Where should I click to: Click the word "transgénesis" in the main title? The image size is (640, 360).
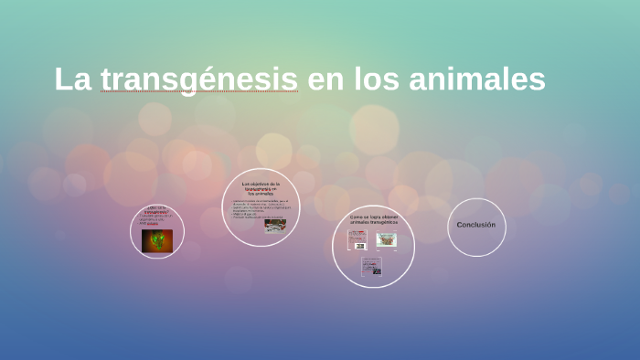click(199, 79)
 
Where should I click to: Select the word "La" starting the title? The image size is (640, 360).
click(73, 79)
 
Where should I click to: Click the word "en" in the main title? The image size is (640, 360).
click(325, 79)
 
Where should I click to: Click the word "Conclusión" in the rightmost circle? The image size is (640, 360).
click(476, 225)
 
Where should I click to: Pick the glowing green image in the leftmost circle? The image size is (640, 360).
click(157, 240)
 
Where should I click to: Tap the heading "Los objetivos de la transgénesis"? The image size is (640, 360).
click(261, 188)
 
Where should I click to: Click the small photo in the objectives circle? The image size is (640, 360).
click(275, 226)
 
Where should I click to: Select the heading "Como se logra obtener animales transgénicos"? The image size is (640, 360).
click(373, 220)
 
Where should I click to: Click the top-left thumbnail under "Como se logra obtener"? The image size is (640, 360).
click(357, 240)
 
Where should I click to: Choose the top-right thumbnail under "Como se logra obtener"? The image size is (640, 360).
click(386, 239)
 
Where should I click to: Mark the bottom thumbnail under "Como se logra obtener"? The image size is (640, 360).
click(371, 266)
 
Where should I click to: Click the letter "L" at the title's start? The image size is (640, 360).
click(62, 79)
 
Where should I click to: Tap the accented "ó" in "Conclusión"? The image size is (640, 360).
click(488, 225)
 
